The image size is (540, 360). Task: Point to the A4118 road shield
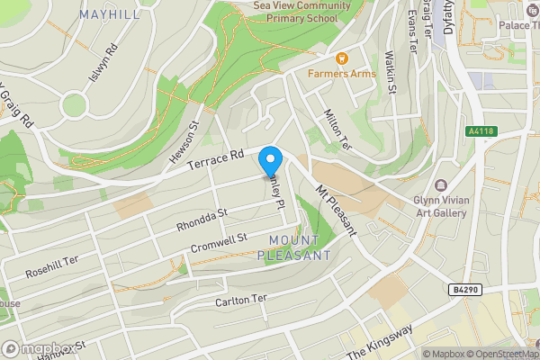482,131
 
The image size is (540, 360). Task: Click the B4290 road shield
464,290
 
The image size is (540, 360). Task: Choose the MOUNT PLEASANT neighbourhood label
294,247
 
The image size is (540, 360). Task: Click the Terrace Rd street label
216,162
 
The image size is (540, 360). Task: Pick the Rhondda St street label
203,219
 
